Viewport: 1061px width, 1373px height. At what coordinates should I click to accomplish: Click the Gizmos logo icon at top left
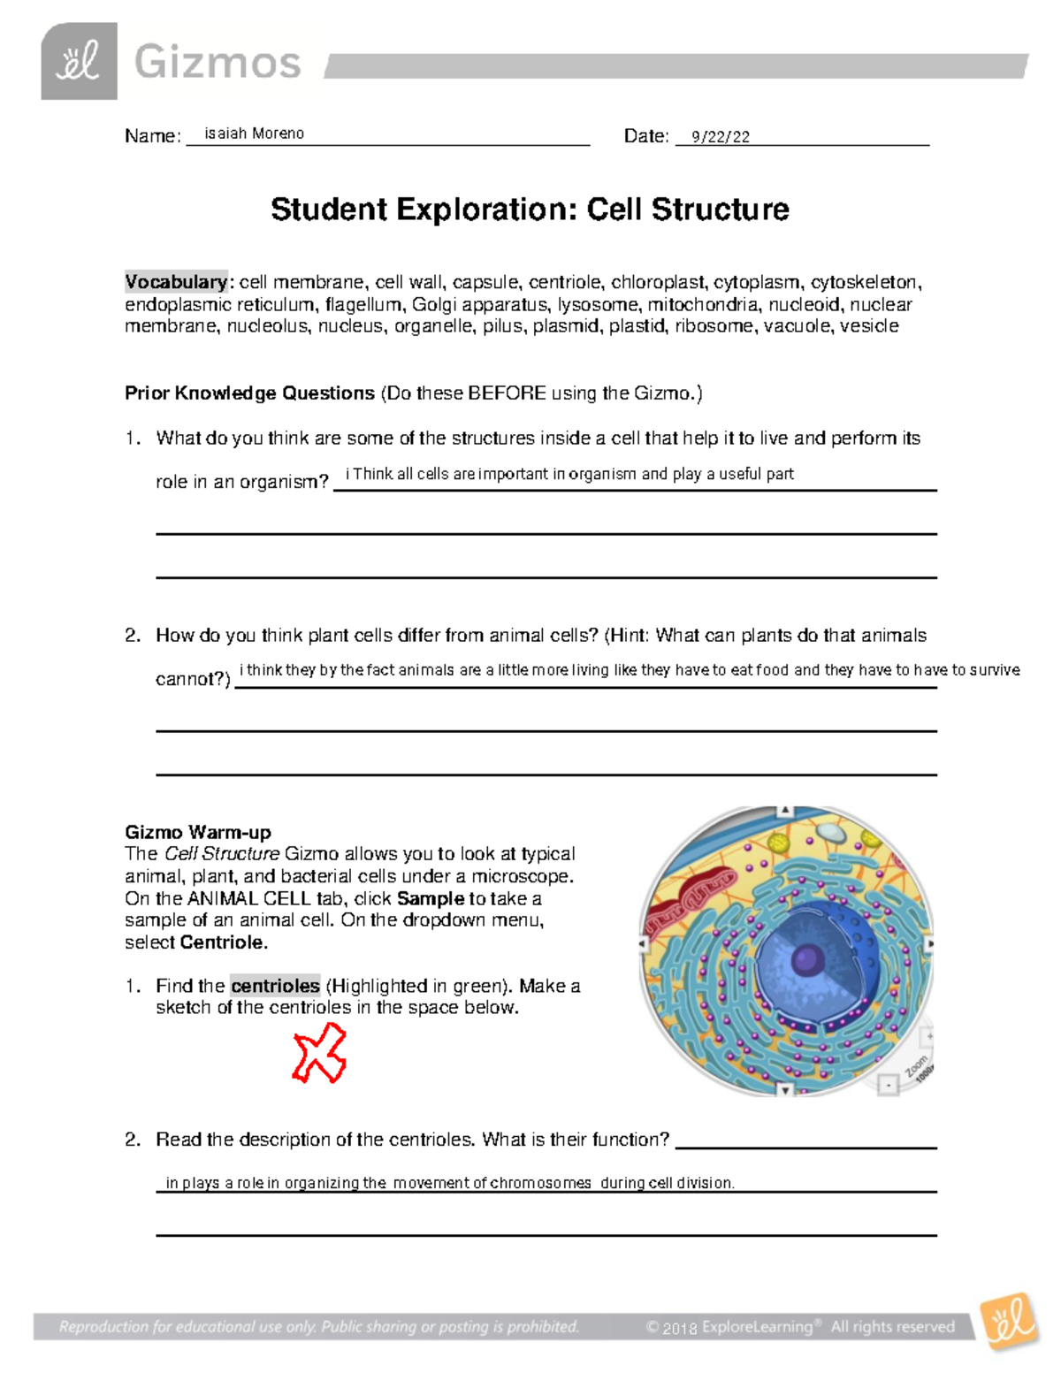[79, 62]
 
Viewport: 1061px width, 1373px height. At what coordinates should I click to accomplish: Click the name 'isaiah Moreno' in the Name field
[254, 133]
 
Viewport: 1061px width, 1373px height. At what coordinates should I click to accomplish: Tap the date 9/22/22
[720, 136]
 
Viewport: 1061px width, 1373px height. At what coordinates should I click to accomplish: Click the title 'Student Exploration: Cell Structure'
[530, 210]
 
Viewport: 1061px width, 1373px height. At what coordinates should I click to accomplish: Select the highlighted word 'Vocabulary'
[176, 282]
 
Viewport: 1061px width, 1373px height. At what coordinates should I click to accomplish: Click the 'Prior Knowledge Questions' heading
[249, 393]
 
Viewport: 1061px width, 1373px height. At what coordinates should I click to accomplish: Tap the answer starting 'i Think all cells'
[569, 474]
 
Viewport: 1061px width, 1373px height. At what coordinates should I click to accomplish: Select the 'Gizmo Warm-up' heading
[198, 832]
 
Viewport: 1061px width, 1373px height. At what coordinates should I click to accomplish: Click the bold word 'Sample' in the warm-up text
[431, 898]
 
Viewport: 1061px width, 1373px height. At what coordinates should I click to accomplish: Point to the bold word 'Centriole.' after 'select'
[224, 942]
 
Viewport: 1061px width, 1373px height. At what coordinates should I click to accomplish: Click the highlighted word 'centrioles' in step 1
[275, 986]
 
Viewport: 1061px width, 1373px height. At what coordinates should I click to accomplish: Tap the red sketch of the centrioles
[319, 1053]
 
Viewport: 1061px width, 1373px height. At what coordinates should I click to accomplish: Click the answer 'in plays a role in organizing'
[449, 1183]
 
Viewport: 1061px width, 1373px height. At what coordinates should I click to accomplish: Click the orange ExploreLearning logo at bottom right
[1008, 1322]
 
